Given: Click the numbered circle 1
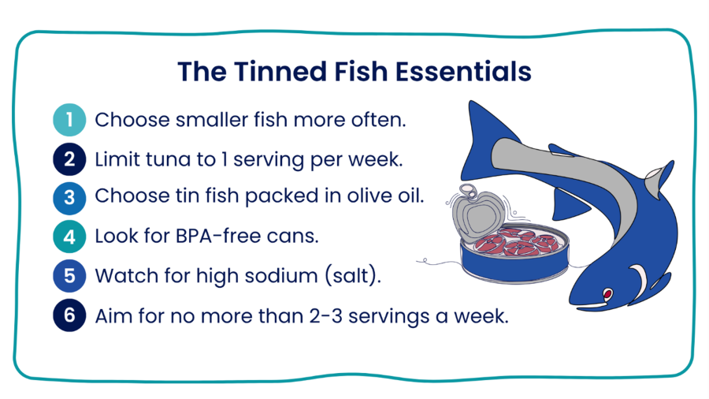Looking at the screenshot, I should pos(69,121).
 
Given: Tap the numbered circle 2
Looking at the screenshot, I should pos(69,159).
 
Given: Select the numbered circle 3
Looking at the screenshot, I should pos(69,197).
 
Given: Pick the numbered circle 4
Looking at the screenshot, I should pos(69,236).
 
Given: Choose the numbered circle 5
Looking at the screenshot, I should pos(69,276).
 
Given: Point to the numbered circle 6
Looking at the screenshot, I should pos(69,316).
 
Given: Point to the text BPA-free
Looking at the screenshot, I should pos(217,236).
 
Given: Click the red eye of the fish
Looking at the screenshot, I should pos(607,295).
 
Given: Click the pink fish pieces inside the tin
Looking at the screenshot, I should pos(515,241).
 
